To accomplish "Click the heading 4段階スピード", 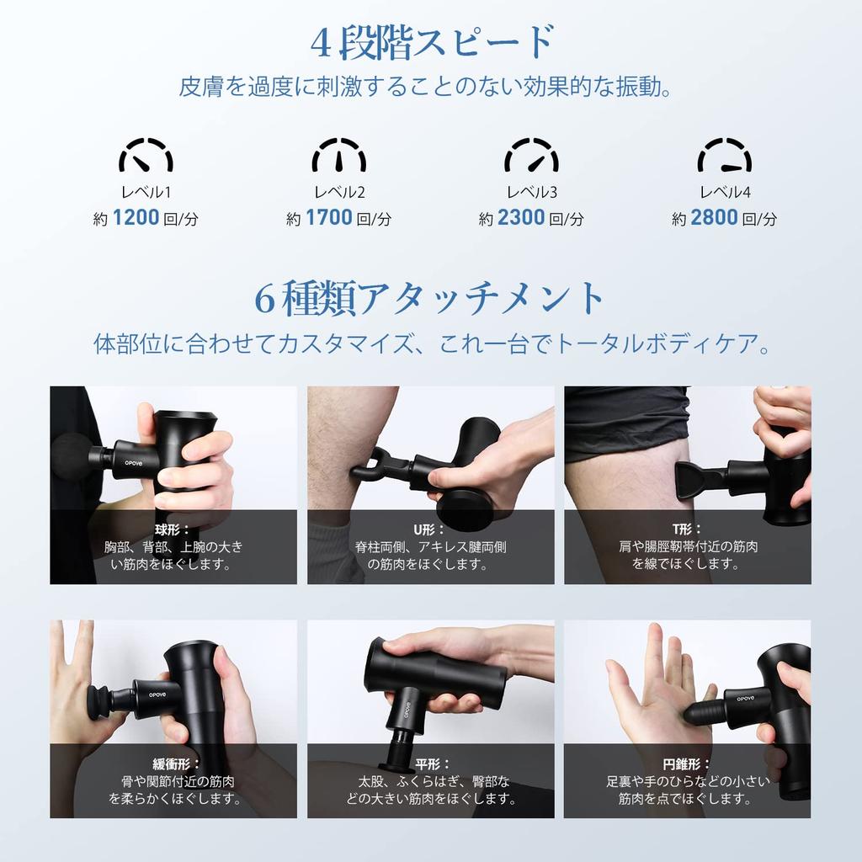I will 432,43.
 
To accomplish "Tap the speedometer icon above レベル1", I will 146,156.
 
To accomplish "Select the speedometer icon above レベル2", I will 338,156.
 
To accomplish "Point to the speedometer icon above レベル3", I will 531,156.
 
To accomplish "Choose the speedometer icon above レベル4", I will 724,156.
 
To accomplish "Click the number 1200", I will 136,218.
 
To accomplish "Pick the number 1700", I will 328,218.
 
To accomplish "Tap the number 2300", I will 521,218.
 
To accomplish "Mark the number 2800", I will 714,218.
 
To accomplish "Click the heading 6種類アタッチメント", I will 430,299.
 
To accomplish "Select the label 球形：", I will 173,529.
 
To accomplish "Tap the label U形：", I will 430,529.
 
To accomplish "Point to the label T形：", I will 687,529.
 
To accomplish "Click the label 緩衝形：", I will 173,764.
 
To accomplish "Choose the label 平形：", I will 430,764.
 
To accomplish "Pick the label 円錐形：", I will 687,764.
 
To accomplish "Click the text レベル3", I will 531,192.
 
